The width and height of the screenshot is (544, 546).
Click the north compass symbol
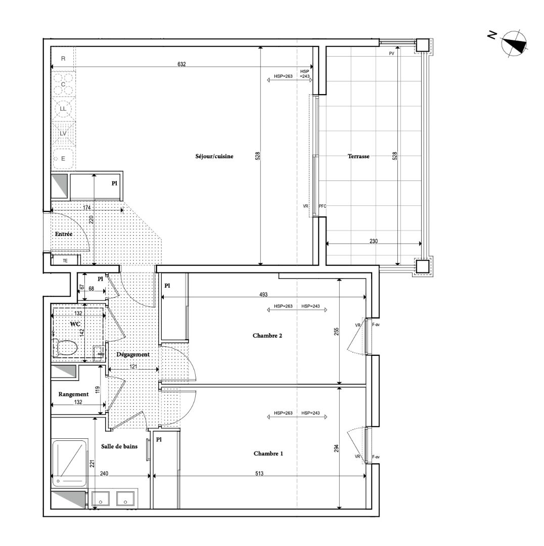point(514,43)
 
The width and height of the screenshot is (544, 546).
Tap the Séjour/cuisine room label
point(214,156)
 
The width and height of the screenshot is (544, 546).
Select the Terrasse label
point(358,156)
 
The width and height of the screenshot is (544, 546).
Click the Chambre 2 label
point(267,336)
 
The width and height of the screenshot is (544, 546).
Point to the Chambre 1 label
point(268,453)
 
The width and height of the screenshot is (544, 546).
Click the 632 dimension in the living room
point(182,64)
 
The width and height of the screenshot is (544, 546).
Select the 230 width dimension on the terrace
point(373,241)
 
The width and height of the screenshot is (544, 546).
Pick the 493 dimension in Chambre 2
point(263,295)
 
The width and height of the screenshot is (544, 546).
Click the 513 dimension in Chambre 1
point(259,474)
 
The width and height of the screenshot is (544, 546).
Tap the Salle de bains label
point(119,446)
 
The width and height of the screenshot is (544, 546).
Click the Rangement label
point(73,394)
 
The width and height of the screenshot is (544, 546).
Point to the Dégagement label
point(133,354)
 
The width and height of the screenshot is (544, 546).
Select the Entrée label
point(64,234)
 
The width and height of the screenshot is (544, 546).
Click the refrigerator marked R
point(63,59)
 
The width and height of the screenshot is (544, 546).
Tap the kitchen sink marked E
point(63,159)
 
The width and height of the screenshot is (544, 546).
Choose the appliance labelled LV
point(63,133)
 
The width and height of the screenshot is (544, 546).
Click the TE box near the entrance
point(66,260)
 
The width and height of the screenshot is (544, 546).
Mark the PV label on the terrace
point(391,54)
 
